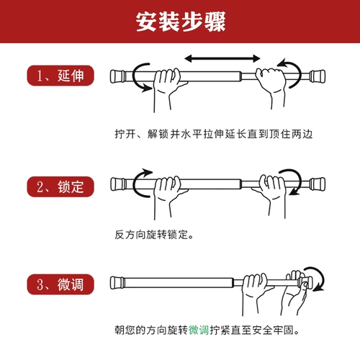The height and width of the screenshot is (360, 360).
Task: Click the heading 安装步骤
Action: pyautogui.click(x=181, y=22)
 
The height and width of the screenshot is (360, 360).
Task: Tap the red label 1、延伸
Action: pyautogui.click(x=60, y=76)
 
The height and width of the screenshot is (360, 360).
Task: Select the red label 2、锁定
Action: pyautogui.click(x=60, y=186)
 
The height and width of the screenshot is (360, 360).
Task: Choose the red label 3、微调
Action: pyautogui.click(x=60, y=284)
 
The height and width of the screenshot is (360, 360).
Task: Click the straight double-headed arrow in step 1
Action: pyautogui.click(x=222, y=58)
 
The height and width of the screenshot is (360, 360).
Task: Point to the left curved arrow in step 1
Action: pyautogui.click(x=134, y=76)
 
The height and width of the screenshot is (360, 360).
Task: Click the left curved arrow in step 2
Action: pyautogui.click(x=134, y=185)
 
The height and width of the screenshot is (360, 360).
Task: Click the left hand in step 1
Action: pyautogui.click(x=168, y=89)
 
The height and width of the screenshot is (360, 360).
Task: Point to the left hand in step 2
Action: pyautogui.click(x=168, y=197)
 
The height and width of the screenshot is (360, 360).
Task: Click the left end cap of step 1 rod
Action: pyautogui.click(x=117, y=76)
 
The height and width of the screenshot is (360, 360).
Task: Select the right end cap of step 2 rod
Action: pyautogui.click(x=318, y=184)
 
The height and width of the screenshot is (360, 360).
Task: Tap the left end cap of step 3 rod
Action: pyautogui.click(x=117, y=283)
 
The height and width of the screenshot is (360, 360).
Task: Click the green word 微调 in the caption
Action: pyautogui.click(x=199, y=330)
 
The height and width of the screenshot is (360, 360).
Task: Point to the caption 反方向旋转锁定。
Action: pyautogui.click(x=154, y=235)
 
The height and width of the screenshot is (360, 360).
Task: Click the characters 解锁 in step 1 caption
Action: pyautogui.click(x=158, y=134)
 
